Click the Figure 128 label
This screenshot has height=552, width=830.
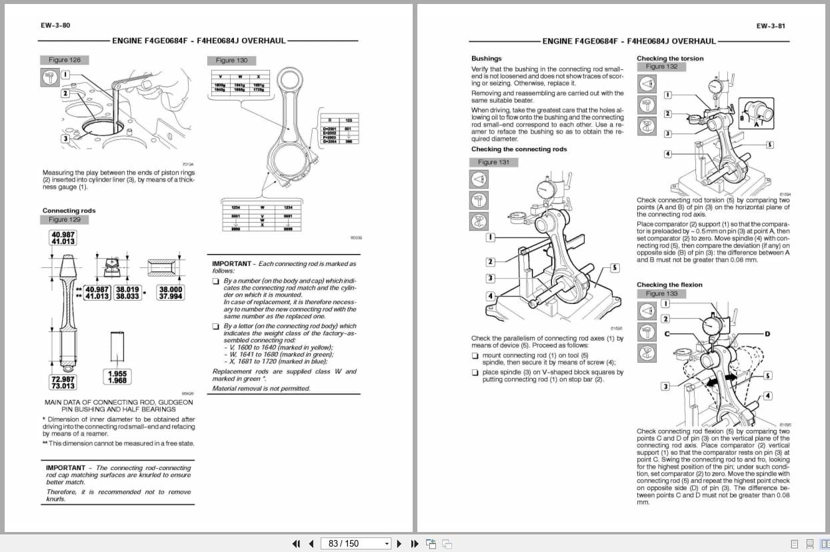coord(65,60)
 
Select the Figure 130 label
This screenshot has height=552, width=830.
coord(231,60)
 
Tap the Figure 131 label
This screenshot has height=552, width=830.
coord(493,162)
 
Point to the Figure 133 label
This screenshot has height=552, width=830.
coord(661,293)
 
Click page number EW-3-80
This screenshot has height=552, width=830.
coord(55,26)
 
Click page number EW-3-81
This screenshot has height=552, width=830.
coord(771,26)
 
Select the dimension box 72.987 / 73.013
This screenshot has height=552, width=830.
coord(63,382)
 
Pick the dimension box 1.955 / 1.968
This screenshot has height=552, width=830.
coord(117,377)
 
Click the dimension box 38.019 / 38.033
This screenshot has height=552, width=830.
coord(127,293)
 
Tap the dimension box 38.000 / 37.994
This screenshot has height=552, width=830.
coord(171,293)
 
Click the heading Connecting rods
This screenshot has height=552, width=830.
coord(69,211)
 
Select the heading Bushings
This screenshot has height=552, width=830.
coord(486,59)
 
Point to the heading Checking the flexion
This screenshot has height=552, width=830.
coord(669,285)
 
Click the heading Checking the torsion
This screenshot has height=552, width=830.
coord(669,59)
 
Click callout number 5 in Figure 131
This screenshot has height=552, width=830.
coord(614,268)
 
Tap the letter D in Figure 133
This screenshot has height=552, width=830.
coord(767,333)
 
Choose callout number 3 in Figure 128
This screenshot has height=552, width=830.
coord(65,139)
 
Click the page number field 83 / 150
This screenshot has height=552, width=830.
coord(355,543)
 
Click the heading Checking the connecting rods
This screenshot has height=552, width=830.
coord(519,149)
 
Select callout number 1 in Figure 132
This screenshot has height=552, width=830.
coord(667,95)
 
